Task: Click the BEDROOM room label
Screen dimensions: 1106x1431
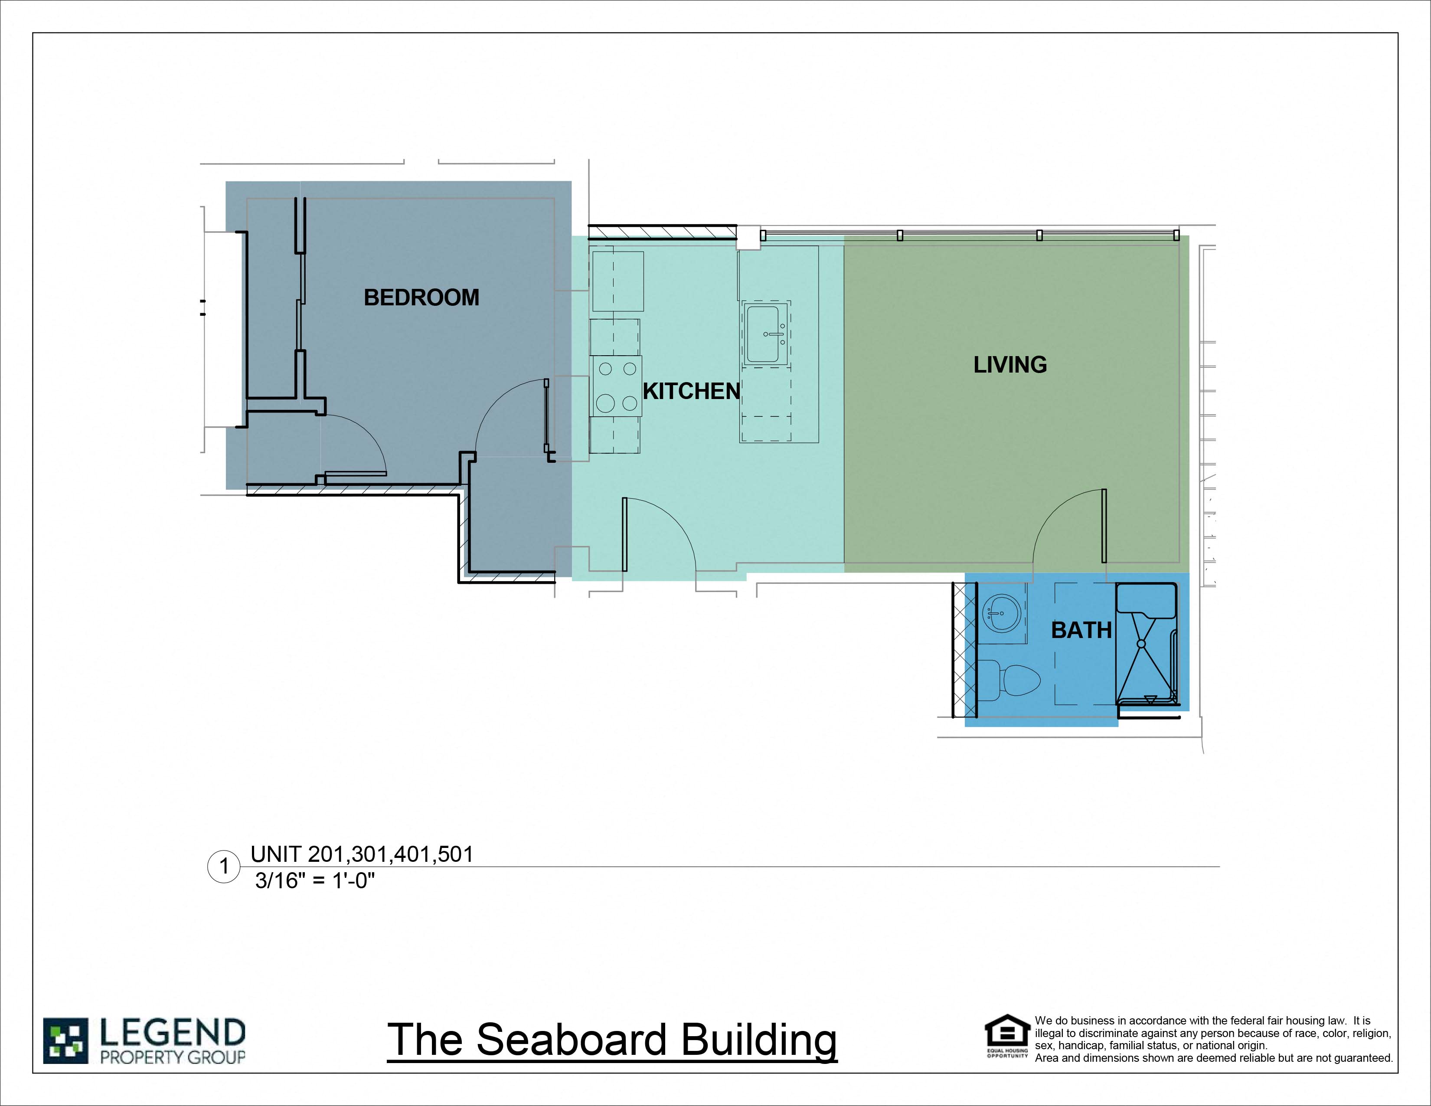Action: coord(421,298)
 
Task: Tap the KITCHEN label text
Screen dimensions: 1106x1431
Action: coord(691,391)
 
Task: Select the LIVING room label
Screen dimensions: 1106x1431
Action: coord(1010,364)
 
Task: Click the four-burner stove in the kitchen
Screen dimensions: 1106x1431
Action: coord(617,386)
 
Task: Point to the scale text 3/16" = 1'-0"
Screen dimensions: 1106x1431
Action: coord(314,880)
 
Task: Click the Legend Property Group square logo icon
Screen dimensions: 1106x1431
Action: coord(65,1041)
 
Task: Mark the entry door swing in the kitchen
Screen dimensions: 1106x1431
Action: coord(659,534)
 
